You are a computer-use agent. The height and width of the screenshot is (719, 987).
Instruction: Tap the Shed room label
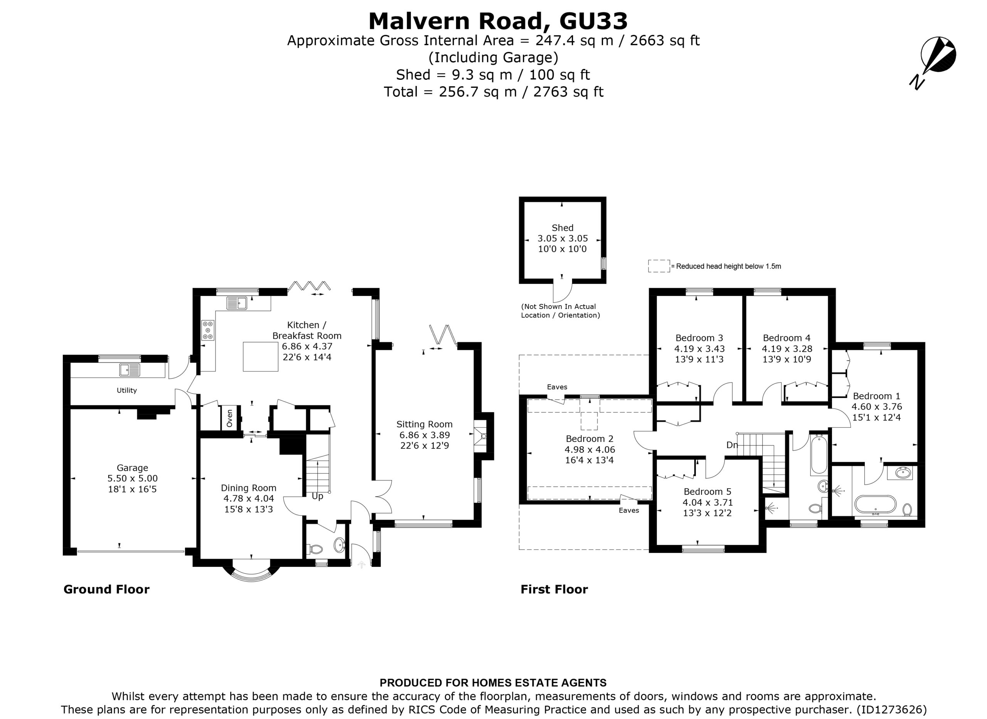563,228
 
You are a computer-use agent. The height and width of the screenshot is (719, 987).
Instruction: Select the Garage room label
132,468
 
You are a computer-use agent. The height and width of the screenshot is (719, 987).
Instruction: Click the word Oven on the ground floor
229,418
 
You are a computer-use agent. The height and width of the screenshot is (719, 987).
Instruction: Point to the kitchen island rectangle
260,356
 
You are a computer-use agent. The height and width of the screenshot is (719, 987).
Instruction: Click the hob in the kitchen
208,330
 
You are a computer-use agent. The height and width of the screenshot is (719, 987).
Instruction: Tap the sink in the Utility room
130,370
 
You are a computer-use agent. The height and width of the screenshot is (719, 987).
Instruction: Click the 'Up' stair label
317,496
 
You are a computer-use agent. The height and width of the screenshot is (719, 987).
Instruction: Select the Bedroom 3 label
699,338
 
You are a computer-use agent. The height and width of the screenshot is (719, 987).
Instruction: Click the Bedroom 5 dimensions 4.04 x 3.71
707,502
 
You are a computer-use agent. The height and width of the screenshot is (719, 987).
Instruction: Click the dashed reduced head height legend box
659,266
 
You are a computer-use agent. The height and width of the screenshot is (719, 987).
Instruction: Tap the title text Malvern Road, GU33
498,20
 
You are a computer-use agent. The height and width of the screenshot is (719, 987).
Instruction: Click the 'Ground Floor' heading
107,589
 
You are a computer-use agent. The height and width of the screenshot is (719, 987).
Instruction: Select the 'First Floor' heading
554,589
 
